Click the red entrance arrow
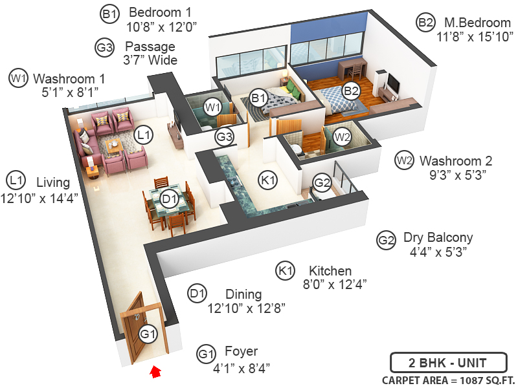tap(155, 372)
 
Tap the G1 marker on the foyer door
tap(148, 334)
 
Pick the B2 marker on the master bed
tap(351, 91)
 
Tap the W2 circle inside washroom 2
tap(342, 137)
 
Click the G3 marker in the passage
tap(224, 137)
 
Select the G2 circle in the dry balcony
tap(322, 183)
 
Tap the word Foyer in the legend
tap(241, 352)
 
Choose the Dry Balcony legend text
tap(438, 237)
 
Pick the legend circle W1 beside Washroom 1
tap(18, 78)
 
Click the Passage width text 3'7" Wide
tap(150, 60)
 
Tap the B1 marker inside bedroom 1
tap(259, 98)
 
